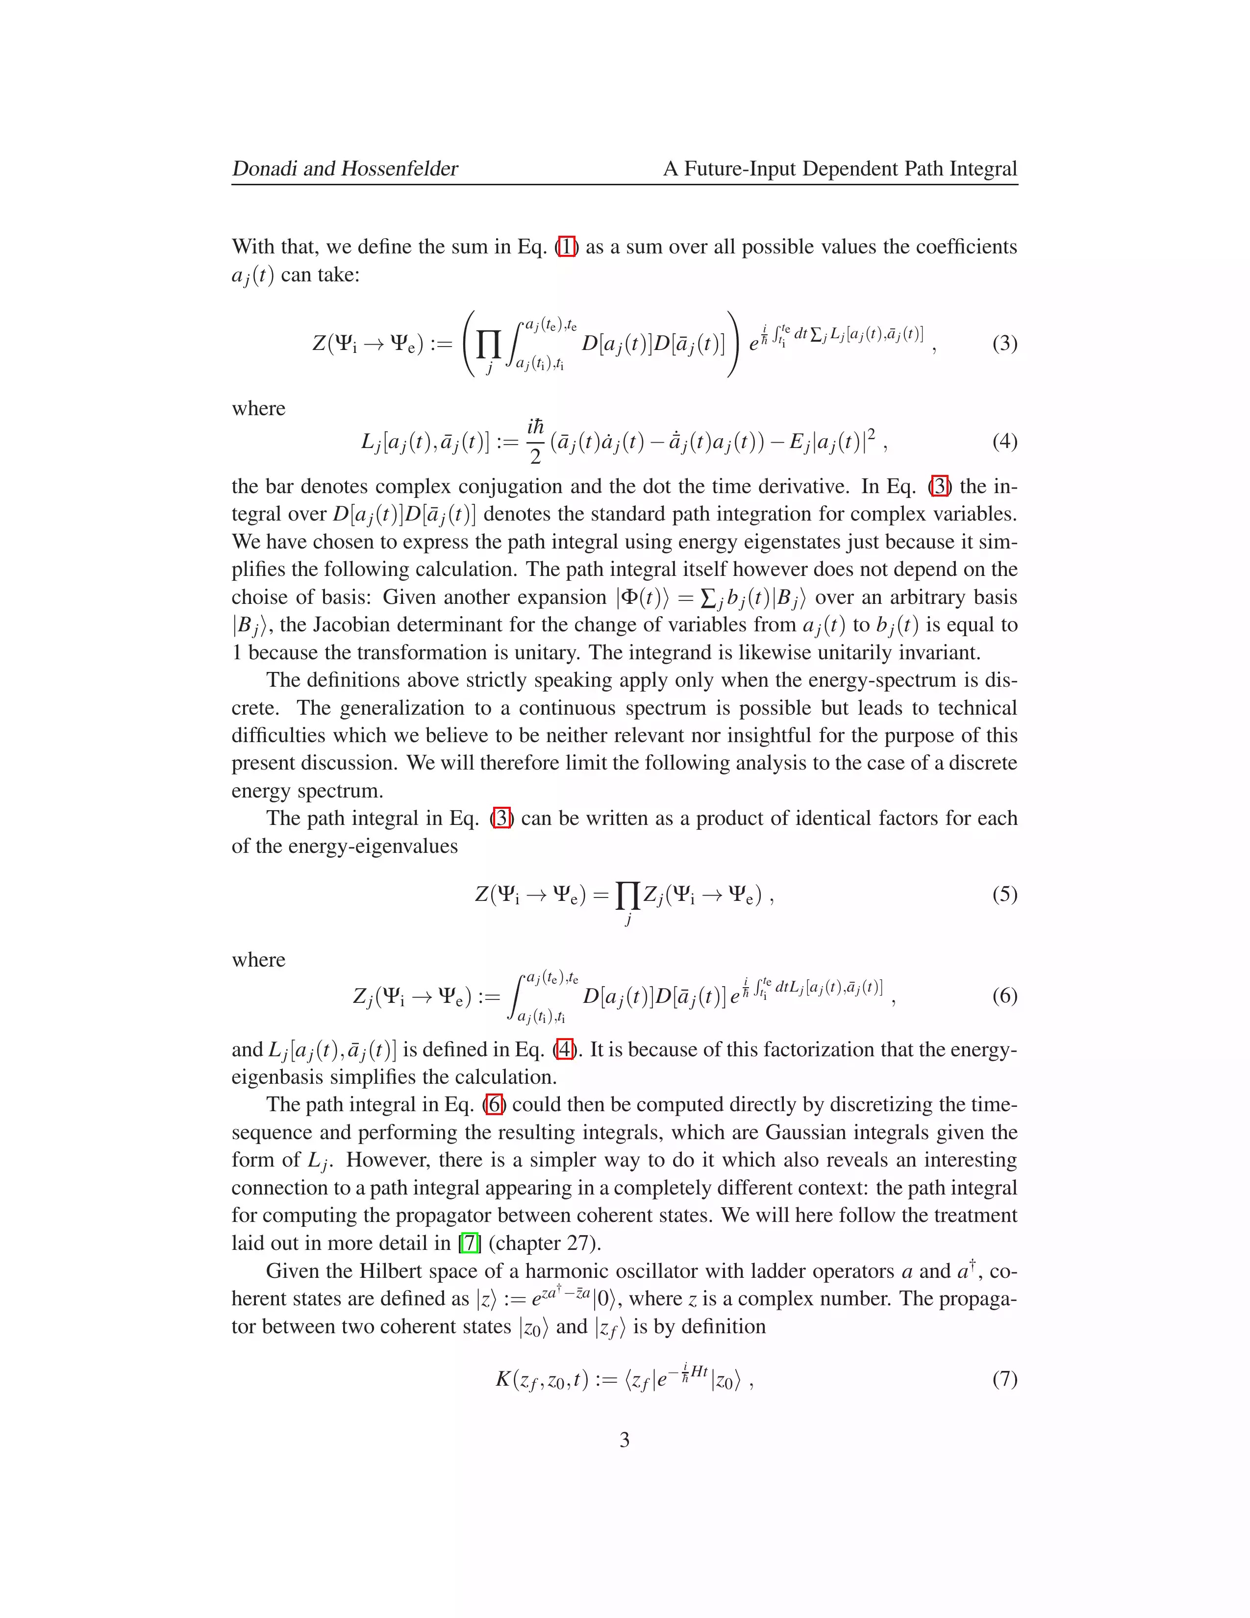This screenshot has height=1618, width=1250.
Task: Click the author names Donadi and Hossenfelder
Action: [x=345, y=169]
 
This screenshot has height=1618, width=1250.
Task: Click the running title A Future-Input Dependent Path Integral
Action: [x=840, y=169]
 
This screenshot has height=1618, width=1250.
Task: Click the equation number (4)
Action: [x=1004, y=442]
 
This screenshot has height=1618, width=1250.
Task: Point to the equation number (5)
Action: [x=1004, y=894]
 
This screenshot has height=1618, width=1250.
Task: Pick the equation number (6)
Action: [x=1004, y=995]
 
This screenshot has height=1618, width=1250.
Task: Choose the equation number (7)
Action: [x=1004, y=1379]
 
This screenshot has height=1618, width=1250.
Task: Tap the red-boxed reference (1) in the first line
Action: [x=566, y=247]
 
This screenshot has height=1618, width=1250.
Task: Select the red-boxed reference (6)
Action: [x=494, y=1105]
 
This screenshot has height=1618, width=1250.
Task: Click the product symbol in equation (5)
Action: [x=627, y=896]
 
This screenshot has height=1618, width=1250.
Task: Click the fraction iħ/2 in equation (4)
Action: [x=535, y=442]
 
